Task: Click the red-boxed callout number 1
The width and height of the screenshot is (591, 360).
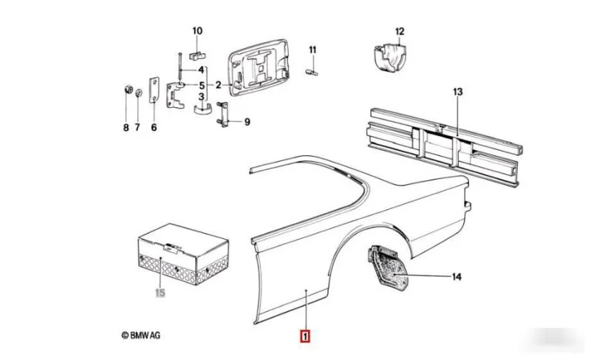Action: coord(304,336)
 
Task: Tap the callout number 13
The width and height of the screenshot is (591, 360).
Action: coord(457,92)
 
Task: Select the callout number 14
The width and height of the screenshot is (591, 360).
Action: coord(457,277)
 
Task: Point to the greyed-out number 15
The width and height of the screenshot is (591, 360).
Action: coord(160,293)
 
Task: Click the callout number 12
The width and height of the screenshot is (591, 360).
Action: coord(400,31)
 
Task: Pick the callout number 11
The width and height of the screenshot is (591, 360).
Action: coord(312,50)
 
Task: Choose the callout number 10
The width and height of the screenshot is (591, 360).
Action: coord(197,30)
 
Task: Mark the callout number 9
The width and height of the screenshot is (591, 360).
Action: coord(247,122)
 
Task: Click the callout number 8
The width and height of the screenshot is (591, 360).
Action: coord(126,127)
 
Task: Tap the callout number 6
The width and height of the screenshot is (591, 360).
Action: coord(154,127)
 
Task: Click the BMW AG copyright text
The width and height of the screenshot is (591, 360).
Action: coord(140,335)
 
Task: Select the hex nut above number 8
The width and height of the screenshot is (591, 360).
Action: coord(128,90)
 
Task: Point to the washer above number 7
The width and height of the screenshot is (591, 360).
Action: coord(139,92)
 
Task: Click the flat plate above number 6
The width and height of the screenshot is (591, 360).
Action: coord(154,90)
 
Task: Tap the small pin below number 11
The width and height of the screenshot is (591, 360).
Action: coord(311,72)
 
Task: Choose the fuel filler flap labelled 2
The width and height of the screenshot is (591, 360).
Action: coord(259,67)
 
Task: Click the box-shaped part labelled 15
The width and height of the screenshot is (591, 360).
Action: coord(183,254)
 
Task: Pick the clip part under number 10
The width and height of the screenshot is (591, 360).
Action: coord(197,55)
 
